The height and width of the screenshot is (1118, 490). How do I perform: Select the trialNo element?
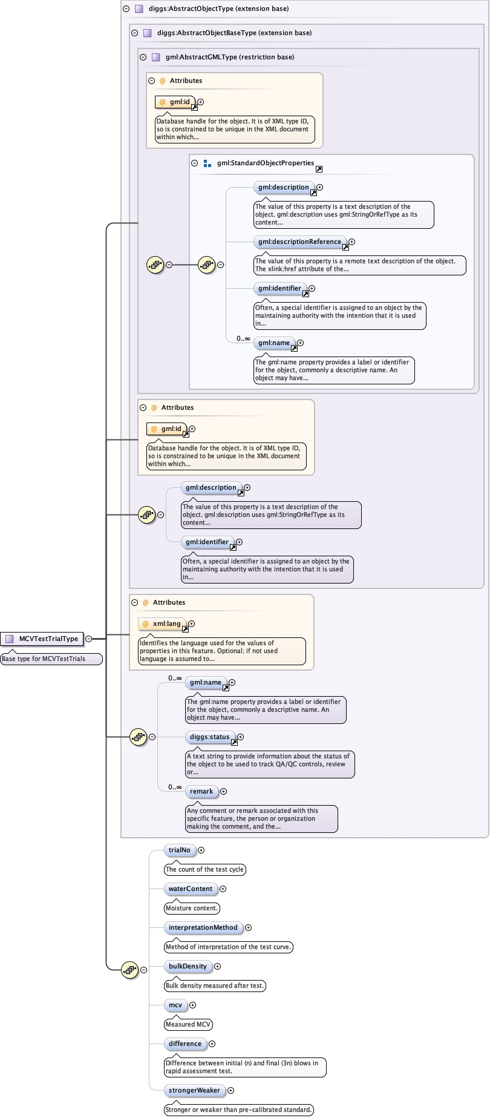[180, 850]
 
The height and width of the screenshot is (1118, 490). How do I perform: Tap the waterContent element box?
[191, 889]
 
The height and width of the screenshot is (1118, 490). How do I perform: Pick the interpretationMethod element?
[203, 928]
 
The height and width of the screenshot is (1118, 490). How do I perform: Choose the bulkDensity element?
[188, 967]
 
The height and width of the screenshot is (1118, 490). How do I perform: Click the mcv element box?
[175, 1005]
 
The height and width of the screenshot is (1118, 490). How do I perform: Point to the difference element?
[185, 1044]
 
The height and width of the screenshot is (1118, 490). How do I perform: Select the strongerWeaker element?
[194, 1091]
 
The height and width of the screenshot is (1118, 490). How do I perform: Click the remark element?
[201, 792]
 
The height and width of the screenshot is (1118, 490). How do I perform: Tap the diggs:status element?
[210, 737]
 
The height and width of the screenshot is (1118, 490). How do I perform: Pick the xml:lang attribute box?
[163, 623]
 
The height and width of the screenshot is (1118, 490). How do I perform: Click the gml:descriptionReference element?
[299, 242]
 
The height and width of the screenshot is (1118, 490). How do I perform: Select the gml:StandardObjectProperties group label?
[266, 163]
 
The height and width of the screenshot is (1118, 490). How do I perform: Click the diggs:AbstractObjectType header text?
[218, 9]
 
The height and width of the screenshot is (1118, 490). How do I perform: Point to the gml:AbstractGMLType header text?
[230, 58]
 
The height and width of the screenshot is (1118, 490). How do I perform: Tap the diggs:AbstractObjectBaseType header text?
[234, 33]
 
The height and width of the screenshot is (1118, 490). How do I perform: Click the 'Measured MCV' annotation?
[188, 1025]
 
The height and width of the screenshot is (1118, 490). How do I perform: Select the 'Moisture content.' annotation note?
[192, 909]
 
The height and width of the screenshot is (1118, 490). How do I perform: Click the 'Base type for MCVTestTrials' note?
[44, 659]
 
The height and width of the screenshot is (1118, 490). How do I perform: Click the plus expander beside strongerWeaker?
[230, 1091]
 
